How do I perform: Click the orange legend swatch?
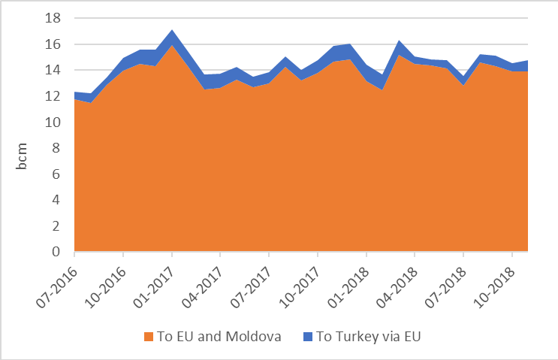pyautogui.click(x=148, y=337)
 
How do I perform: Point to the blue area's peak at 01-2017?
pyautogui.click(x=172, y=31)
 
